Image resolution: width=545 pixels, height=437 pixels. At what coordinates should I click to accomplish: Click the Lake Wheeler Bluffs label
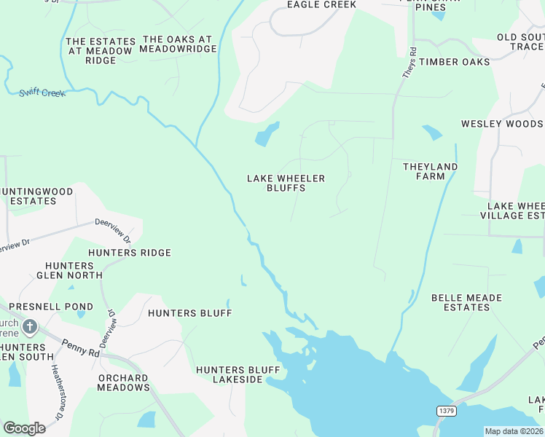point(286,183)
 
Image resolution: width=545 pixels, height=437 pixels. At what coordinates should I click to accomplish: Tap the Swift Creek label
point(42,92)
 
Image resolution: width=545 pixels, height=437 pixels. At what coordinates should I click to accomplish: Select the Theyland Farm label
point(431,171)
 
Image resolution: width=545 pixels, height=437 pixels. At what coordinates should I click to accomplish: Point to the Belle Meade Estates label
point(466,302)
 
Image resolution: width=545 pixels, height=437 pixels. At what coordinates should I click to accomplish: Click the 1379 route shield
point(447,412)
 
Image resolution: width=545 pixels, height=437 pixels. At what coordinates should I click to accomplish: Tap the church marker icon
point(29,327)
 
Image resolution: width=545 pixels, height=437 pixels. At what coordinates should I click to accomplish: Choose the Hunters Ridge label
point(130,253)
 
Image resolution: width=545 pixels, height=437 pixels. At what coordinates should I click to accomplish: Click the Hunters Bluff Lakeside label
point(238,374)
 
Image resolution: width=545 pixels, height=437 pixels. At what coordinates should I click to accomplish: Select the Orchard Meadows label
point(123,382)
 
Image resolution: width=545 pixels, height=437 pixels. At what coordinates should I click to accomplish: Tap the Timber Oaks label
point(455,62)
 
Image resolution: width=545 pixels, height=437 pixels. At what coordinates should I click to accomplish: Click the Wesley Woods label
point(502,124)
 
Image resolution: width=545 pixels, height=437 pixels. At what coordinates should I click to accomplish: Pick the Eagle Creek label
point(321,5)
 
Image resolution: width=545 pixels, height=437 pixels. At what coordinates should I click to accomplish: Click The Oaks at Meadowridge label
point(179,44)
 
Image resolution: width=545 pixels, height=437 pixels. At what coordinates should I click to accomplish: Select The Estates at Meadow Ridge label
point(101,51)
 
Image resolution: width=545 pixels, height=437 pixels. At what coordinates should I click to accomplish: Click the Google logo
point(24,428)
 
